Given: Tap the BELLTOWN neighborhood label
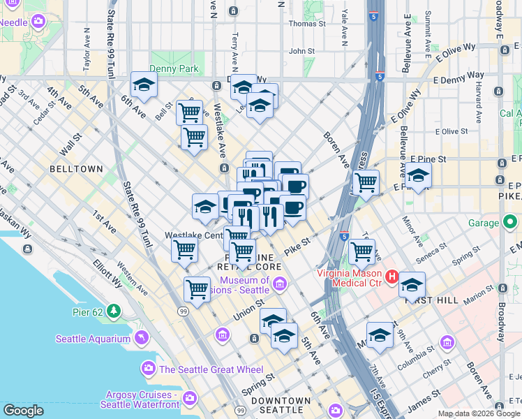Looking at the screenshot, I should (76, 169).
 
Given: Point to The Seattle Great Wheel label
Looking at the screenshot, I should (211, 369).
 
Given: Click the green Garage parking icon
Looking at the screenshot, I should (512, 223).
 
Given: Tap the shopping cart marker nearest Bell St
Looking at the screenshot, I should (189, 112).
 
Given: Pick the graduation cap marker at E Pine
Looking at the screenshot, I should (418, 175).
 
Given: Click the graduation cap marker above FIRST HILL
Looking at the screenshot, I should (412, 284).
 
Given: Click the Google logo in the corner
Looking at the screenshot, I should (23, 411).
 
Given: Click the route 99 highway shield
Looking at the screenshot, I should (182, 310).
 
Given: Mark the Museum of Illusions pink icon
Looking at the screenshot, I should (279, 283).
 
